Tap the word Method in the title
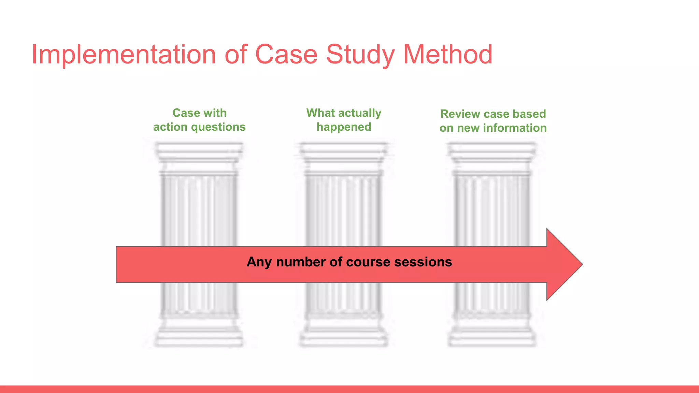click(x=448, y=55)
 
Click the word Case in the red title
click(x=286, y=55)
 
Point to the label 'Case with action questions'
click(x=199, y=120)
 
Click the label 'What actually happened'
click(x=344, y=120)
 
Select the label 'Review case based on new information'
click(x=493, y=121)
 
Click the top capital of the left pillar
click(x=199, y=152)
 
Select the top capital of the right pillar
click(x=492, y=152)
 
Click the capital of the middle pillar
click(x=344, y=152)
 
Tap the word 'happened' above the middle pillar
click(x=344, y=127)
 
